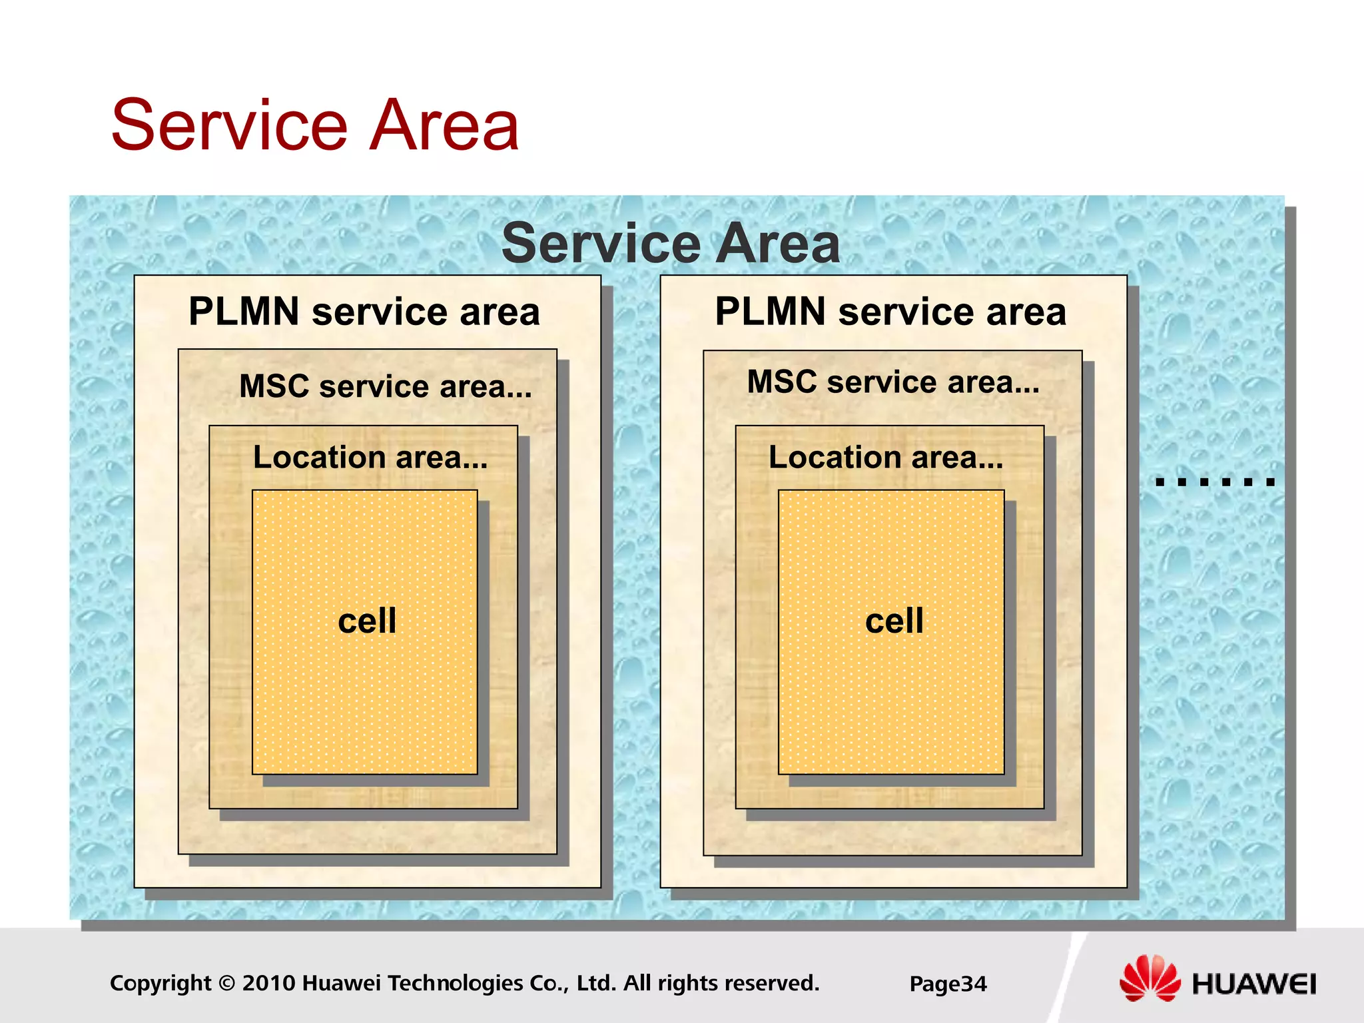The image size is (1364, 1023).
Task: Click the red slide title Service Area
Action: pyautogui.click(x=314, y=125)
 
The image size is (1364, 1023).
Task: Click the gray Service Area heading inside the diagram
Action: pyautogui.click(x=671, y=243)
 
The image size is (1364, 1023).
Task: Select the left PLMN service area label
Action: pyautogui.click(x=364, y=312)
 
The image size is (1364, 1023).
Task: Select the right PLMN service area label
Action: pyautogui.click(x=890, y=312)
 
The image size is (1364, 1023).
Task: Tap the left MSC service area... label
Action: pyautogui.click(x=386, y=386)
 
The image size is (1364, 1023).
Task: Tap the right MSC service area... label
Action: pyautogui.click(x=893, y=382)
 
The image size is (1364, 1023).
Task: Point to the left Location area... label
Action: pyautogui.click(x=370, y=458)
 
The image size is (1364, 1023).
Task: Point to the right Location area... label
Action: pyautogui.click(x=886, y=458)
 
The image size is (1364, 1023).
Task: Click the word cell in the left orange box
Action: pyautogui.click(x=367, y=621)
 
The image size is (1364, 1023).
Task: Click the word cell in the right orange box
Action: pyautogui.click(x=894, y=621)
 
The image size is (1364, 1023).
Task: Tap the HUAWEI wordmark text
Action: pyautogui.click(x=1254, y=984)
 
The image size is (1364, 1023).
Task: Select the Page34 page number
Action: pyautogui.click(x=948, y=984)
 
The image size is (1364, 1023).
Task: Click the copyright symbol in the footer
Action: pyautogui.click(x=227, y=983)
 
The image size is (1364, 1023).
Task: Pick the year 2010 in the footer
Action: pyautogui.click(x=269, y=983)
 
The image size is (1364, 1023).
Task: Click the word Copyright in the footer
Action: pyautogui.click(x=160, y=983)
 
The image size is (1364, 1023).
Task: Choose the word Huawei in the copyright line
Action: pyautogui.click(x=342, y=983)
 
